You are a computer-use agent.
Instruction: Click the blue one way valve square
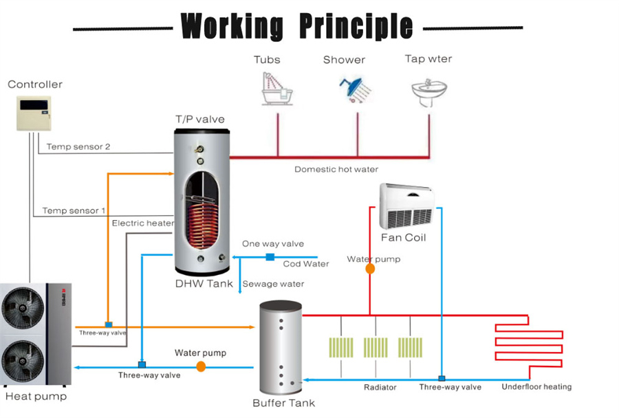point(270,257)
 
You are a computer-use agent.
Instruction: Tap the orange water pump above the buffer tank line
point(201,367)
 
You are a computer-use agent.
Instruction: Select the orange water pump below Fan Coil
point(370,269)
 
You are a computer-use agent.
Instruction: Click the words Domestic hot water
point(336,169)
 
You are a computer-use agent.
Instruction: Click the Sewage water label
point(273,283)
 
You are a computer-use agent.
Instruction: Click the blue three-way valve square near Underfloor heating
point(442,378)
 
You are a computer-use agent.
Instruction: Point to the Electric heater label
point(142,223)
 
